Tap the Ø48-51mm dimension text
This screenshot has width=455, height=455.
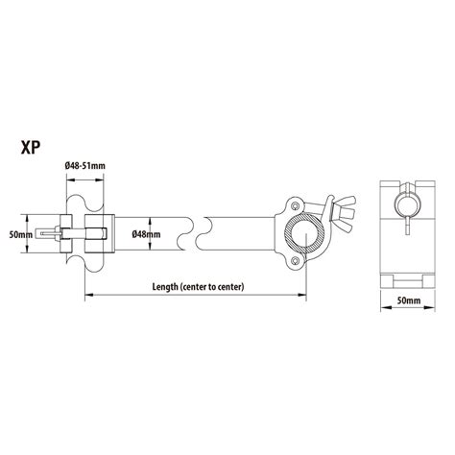(x=85, y=166)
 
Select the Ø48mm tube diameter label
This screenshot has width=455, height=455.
(x=146, y=233)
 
